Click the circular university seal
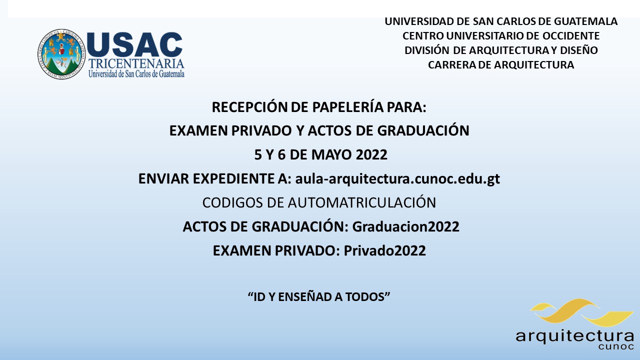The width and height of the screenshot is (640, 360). pos(61,54)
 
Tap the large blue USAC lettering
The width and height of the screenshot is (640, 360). pos(135,44)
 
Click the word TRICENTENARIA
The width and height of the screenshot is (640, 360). pos(136,64)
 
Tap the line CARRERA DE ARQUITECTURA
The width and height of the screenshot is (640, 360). pos(501,65)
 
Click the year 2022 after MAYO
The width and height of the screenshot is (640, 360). pos(371,154)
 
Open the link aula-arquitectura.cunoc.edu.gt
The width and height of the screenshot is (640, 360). pos(397,179)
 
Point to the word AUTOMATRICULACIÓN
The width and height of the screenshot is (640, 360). pos(361,202)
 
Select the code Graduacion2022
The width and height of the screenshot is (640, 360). pos(405,226)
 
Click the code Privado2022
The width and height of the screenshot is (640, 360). pos(384,250)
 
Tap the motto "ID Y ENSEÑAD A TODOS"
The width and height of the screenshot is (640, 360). pos(319,297)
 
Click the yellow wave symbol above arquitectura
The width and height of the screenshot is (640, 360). pos(581,313)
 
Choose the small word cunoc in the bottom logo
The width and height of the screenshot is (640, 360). pos(615,346)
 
